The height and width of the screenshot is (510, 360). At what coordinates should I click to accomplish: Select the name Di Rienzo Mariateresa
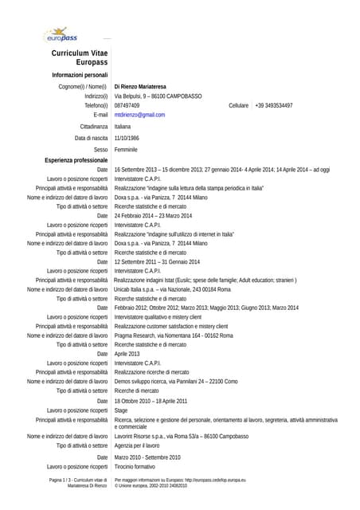140,86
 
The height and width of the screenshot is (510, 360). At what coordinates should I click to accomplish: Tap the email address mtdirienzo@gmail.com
139,115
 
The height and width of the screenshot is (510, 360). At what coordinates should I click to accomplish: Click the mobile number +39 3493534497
274,105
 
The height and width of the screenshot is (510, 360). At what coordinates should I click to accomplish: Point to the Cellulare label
238,105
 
